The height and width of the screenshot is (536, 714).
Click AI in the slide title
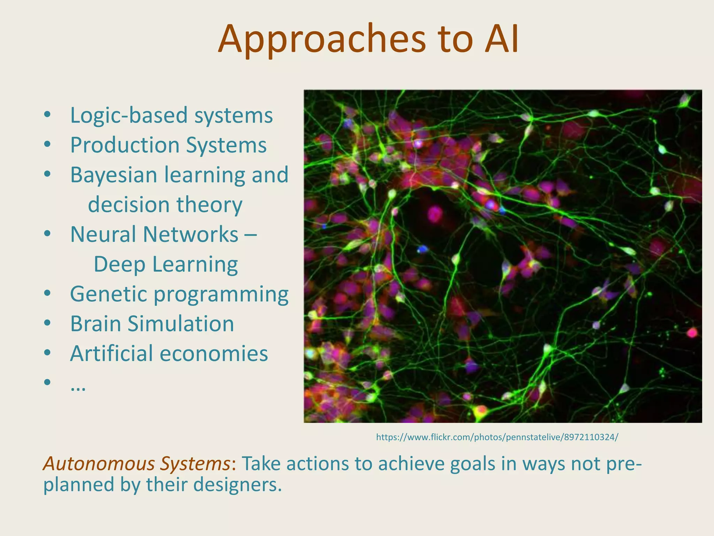click(501, 39)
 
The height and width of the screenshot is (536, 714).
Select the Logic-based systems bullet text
click(171, 116)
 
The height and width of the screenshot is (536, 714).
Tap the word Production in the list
click(124, 145)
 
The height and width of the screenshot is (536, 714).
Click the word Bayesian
click(114, 175)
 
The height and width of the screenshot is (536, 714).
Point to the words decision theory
click(165, 205)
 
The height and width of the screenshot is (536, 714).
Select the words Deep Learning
click(166, 265)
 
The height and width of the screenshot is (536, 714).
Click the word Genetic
click(108, 294)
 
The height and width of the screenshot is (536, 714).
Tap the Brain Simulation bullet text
click(152, 324)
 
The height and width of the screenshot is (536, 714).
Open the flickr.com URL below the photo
click(497, 437)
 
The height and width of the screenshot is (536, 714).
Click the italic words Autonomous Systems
click(136, 464)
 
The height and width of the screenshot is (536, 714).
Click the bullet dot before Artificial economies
click(47, 353)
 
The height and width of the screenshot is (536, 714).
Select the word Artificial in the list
click(111, 353)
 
